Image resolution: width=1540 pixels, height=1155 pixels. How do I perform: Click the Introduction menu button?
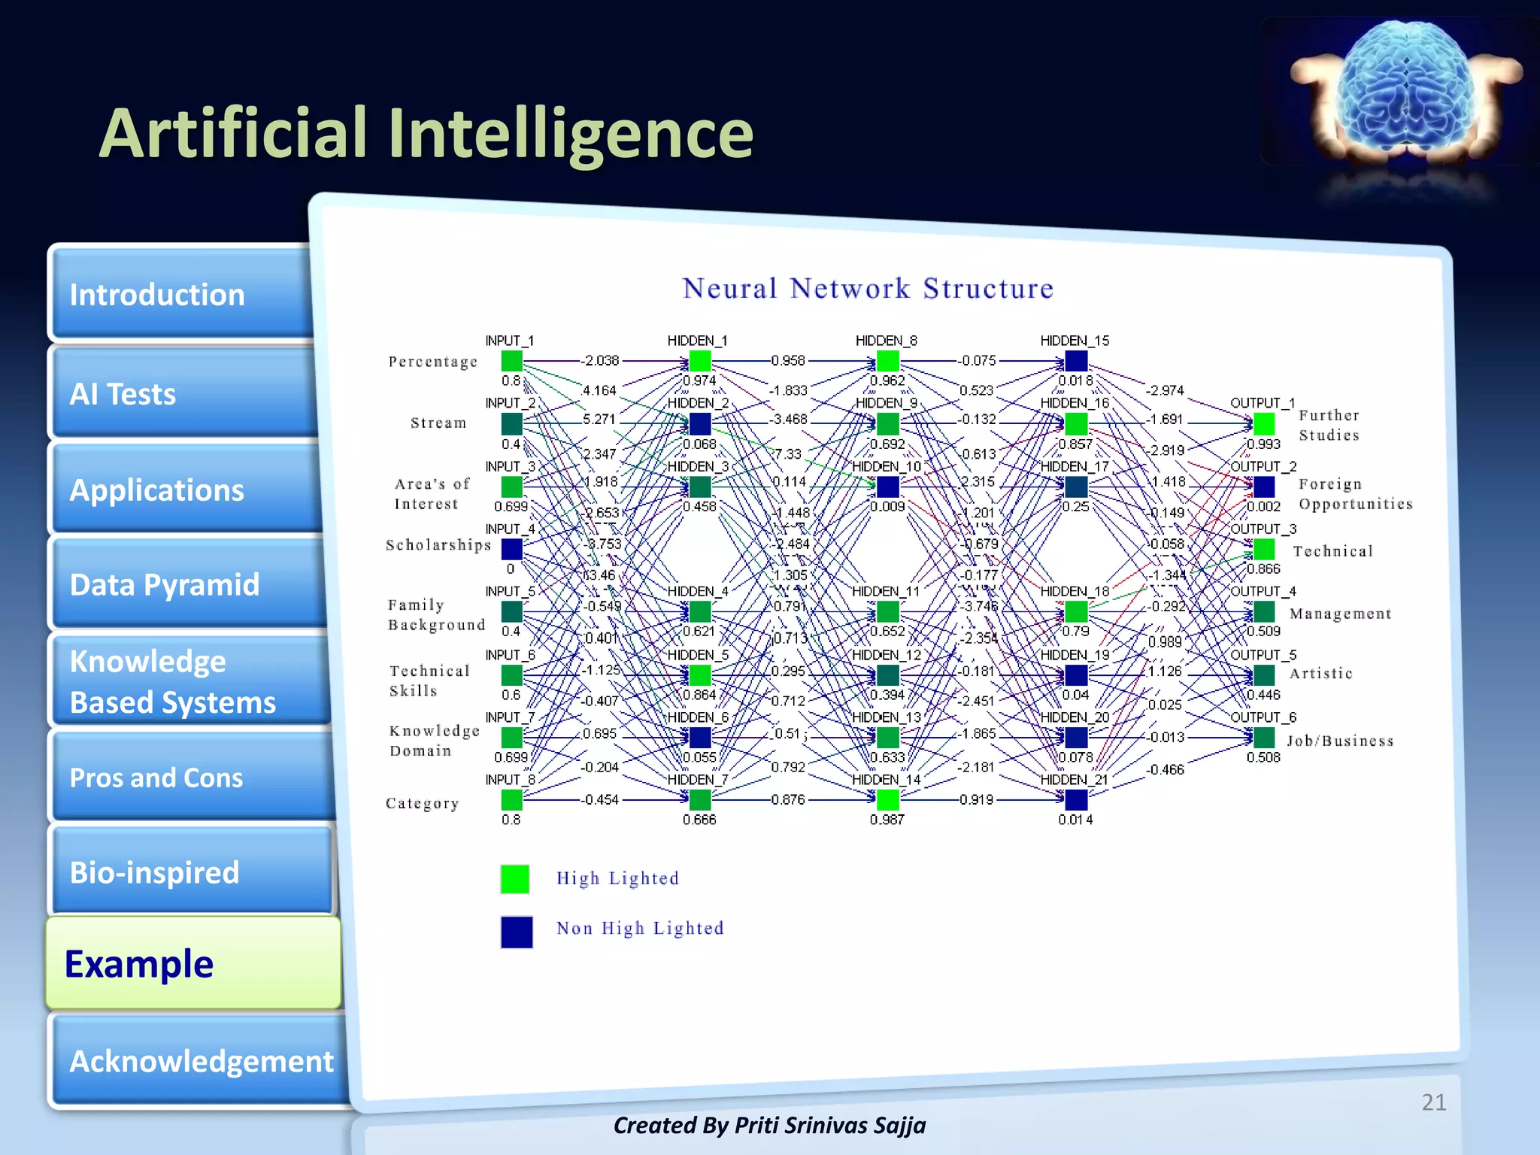[180, 295]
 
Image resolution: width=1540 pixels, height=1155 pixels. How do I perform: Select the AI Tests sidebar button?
[180, 393]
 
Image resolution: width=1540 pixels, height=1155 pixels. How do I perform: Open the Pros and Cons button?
[188, 778]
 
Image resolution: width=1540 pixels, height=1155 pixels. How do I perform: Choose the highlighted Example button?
[192, 963]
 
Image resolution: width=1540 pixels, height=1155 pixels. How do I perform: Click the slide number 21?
[1433, 1102]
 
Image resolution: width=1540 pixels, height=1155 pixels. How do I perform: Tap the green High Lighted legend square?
[515, 879]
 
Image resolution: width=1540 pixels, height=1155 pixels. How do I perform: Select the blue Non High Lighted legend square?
[517, 932]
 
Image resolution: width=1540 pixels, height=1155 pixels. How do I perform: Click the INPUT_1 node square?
[512, 361]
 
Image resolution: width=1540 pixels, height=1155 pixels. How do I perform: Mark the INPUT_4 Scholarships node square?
[512, 549]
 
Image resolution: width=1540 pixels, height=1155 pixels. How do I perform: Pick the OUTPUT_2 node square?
[1264, 487]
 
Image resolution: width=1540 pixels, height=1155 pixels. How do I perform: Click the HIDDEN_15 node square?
[1076, 361]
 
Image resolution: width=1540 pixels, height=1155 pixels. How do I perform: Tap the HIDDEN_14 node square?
[888, 799]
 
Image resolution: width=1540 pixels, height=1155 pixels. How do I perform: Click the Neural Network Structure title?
[868, 289]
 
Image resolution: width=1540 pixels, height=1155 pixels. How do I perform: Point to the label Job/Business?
[1340, 741]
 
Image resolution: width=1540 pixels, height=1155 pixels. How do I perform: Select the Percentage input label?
[432, 362]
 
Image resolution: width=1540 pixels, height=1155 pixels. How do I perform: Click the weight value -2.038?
[600, 361]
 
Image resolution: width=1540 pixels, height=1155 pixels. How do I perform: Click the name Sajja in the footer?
[899, 1126]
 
